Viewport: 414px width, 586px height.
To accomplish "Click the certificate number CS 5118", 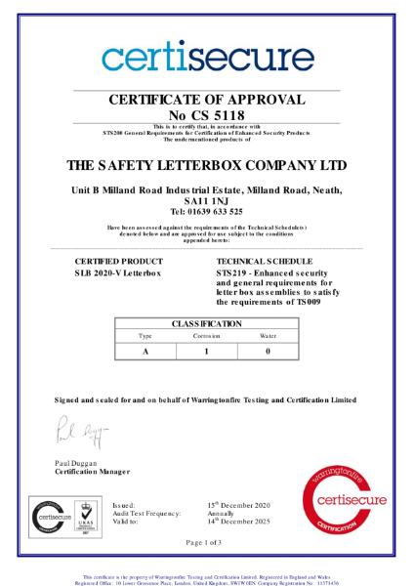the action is coord(207,115).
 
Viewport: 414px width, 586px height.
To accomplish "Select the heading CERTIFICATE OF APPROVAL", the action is coord(207,100).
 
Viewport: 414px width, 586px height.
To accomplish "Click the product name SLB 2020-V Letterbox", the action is coord(118,276).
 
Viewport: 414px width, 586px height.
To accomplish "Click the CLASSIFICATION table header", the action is coord(206,323).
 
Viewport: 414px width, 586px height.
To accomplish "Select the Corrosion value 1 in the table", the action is coord(206,350).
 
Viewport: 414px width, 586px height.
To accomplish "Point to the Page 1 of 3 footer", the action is coord(207,542).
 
